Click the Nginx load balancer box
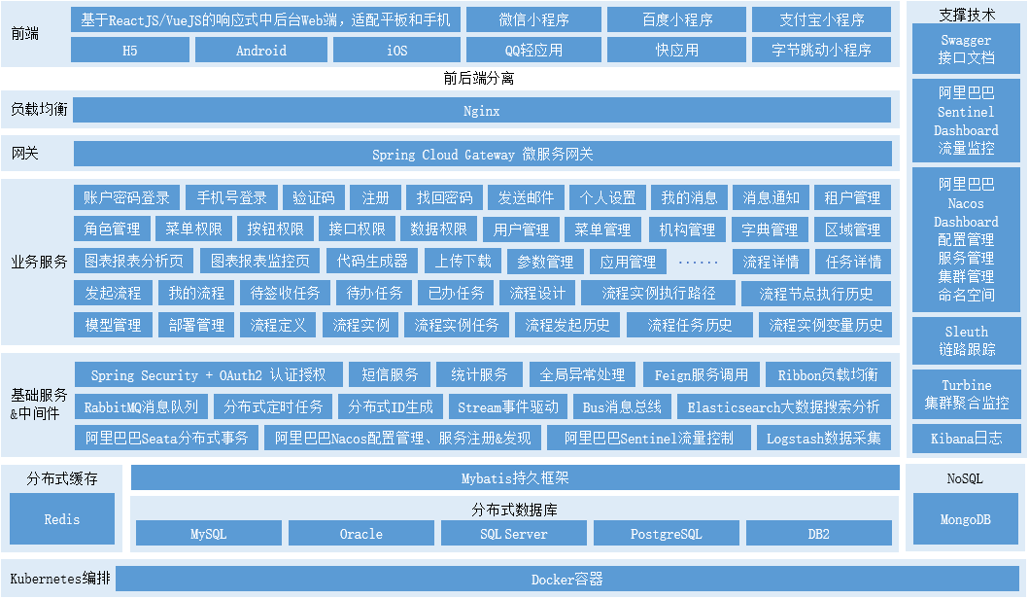tap(482, 111)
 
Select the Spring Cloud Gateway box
tap(482, 155)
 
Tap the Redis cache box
tap(62, 519)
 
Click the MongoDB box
tap(966, 519)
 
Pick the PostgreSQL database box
tap(666, 534)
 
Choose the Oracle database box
tap(360, 534)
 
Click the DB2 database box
tap(818, 534)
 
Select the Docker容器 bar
tap(567, 580)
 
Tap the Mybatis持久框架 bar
tap(515, 478)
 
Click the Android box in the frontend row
tap(261, 50)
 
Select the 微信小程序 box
tap(533, 19)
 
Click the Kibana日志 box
tap(966, 440)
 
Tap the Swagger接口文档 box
tap(966, 49)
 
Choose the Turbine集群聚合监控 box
tap(966, 394)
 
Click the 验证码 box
tap(314, 197)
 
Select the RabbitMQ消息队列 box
tap(141, 406)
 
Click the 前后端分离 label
tap(478, 79)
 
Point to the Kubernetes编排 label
tap(60, 580)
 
